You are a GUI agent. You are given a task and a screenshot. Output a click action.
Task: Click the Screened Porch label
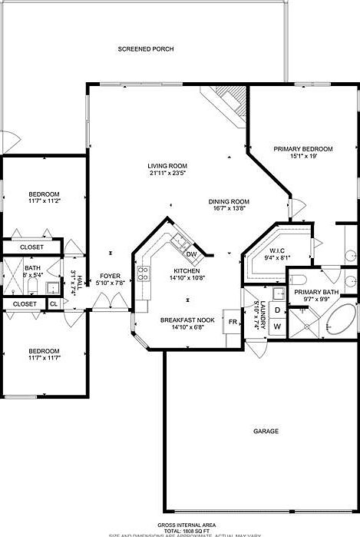[x=145, y=49]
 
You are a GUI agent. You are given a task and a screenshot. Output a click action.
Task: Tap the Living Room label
[x=168, y=166]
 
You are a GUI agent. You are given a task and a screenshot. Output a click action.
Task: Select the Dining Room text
[x=230, y=202]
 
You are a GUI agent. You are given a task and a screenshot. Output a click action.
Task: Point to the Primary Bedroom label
[x=303, y=148]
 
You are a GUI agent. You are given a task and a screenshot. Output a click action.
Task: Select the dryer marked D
[x=277, y=311]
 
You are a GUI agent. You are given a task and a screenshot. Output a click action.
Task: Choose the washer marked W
[x=277, y=327]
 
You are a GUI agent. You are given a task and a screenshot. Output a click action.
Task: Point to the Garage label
[x=266, y=431]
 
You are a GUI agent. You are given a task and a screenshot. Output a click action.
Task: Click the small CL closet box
[x=53, y=304]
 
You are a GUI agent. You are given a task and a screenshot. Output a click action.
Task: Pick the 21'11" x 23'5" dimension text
[x=168, y=174]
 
